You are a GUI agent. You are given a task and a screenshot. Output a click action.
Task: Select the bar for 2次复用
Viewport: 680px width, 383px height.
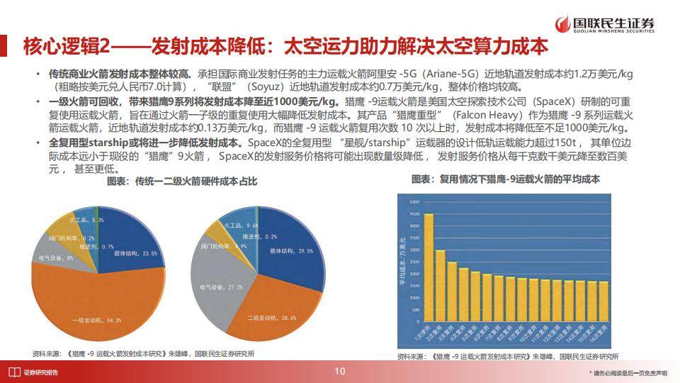point(440,283)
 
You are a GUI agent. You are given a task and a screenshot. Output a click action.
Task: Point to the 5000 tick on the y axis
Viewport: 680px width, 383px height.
point(414,202)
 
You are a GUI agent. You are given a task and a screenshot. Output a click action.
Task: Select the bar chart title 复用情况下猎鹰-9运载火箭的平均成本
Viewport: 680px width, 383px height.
point(506,179)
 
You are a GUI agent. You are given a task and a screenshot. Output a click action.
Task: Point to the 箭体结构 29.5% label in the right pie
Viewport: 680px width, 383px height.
point(291,250)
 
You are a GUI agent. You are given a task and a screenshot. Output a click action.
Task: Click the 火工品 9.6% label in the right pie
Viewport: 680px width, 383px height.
point(241,225)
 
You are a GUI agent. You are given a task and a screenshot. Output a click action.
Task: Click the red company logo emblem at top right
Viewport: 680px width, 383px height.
point(563,23)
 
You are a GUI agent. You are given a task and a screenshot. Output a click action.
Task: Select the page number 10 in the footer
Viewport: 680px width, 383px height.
point(340,372)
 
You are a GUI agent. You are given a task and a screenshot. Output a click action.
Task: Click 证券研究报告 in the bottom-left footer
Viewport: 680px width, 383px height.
point(40,372)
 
